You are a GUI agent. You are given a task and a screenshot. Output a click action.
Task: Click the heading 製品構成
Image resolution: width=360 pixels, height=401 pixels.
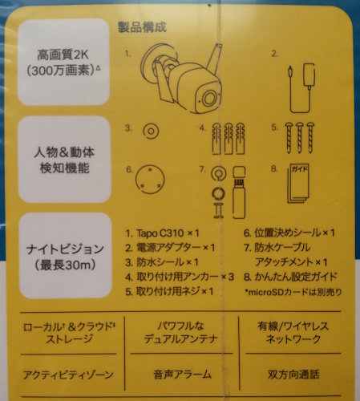point(142,27)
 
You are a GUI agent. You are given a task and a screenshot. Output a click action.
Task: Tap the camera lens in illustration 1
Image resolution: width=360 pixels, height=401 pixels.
point(209,99)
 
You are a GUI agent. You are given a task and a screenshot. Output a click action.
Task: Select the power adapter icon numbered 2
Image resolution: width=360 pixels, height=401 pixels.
point(302,87)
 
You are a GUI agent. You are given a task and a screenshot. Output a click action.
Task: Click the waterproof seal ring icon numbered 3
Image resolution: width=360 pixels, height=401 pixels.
point(151,132)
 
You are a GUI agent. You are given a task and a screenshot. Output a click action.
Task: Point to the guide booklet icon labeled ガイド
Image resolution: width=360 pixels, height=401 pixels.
point(298,184)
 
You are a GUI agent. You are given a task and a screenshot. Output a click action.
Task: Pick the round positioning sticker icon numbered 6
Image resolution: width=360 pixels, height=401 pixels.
point(150,179)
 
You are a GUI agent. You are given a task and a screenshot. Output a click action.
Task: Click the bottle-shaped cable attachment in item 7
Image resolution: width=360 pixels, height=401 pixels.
point(239,192)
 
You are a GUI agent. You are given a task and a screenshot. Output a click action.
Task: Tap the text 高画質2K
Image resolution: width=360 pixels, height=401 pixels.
point(63,55)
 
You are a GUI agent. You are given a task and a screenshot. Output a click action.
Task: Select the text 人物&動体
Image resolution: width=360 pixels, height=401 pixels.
point(64,152)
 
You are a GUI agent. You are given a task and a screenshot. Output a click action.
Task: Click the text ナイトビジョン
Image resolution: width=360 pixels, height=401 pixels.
point(65,249)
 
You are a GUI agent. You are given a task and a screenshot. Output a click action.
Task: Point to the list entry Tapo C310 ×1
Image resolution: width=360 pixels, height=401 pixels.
point(163,233)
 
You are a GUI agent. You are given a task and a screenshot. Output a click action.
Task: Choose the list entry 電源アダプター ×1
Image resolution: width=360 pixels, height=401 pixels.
point(170,248)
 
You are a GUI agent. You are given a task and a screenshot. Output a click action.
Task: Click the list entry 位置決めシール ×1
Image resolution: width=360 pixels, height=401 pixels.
point(289,233)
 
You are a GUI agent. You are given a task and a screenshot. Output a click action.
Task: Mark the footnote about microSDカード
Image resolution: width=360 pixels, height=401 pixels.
point(293,292)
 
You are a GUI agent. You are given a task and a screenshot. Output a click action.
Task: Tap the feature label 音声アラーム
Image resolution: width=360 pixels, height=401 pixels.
point(183,375)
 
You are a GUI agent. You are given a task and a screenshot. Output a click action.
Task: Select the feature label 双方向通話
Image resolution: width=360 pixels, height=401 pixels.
point(293,375)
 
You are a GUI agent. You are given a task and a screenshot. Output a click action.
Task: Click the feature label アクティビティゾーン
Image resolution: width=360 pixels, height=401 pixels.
point(68,375)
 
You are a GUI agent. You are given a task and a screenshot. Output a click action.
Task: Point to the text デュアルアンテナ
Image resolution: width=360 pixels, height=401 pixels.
point(181,339)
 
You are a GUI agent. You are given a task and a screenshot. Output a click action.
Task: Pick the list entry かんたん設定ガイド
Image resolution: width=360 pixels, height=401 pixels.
point(290,277)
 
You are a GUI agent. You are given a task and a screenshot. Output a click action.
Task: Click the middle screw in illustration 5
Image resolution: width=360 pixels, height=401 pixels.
point(300,138)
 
